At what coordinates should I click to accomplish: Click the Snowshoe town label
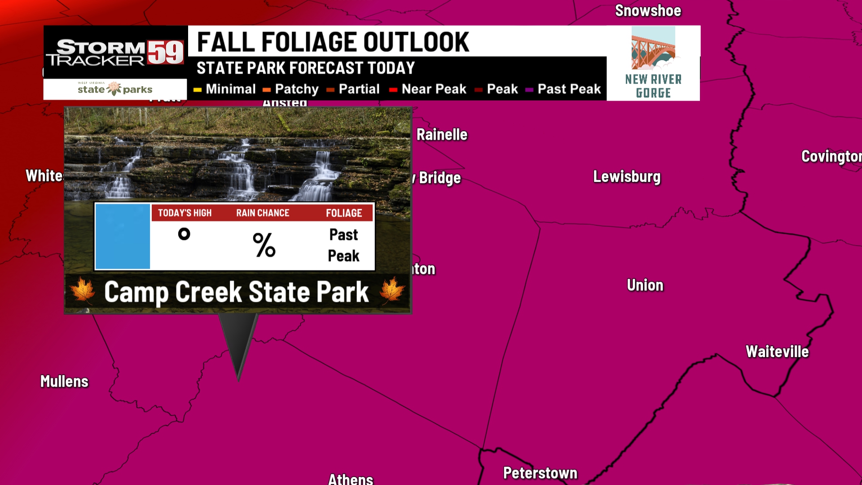click(648, 11)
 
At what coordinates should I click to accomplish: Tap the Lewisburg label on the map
click(627, 177)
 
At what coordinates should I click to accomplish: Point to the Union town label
click(645, 285)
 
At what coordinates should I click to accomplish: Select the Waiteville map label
click(777, 352)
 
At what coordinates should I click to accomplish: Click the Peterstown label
click(540, 473)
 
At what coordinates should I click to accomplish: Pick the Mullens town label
click(64, 381)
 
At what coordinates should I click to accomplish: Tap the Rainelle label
click(442, 135)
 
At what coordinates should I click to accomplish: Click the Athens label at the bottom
click(350, 479)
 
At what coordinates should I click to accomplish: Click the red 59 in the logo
click(165, 53)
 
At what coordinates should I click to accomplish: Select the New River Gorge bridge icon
click(653, 48)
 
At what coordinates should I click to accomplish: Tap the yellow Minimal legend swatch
click(198, 90)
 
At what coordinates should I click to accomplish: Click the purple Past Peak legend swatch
click(529, 90)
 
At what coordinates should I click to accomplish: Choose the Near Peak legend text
click(434, 89)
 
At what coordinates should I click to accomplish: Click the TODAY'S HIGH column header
click(185, 213)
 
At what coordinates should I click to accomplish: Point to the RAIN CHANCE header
click(263, 213)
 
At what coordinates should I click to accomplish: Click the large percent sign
click(264, 245)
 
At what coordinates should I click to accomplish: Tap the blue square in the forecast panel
click(123, 237)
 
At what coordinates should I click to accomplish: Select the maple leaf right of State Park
click(391, 290)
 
